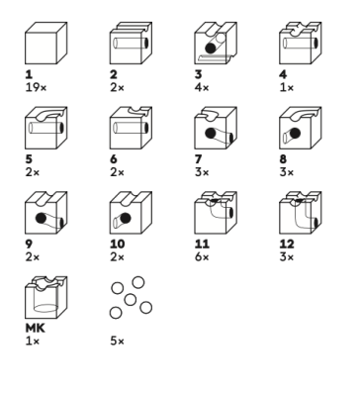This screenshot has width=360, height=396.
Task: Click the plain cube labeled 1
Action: pyautogui.click(x=46, y=44)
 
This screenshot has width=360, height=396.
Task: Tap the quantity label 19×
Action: pyautogui.click(x=36, y=88)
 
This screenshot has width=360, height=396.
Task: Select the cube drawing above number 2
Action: pyautogui.click(x=131, y=44)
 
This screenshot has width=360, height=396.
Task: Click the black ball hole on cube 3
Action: pyautogui.click(x=211, y=49)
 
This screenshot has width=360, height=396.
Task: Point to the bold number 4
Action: pyautogui.click(x=283, y=74)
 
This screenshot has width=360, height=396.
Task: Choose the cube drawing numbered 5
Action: pyautogui.click(x=46, y=128)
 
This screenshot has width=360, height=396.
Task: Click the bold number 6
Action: pyautogui.click(x=114, y=159)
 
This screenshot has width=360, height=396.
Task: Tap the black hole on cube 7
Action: pyautogui.click(x=211, y=134)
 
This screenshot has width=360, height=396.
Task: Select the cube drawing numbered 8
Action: pyautogui.click(x=301, y=128)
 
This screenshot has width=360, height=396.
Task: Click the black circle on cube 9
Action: pyautogui.click(x=41, y=218)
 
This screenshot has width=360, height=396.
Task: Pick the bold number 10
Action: pyautogui.click(x=118, y=244)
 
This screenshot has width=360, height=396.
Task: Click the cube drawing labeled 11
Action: pyautogui.click(x=216, y=213)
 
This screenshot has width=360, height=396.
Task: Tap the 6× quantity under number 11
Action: pyautogui.click(x=202, y=257)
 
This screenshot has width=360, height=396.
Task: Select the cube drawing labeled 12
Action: pyautogui.click(x=301, y=213)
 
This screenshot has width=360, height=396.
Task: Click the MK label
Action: pyautogui.click(x=35, y=328)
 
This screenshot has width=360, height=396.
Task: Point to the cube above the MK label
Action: pyautogui.click(x=46, y=297)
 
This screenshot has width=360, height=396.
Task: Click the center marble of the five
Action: pyautogui.click(x=131, y=300)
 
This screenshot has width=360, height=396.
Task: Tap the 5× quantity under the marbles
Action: pyautogui.click(x=118, y=341)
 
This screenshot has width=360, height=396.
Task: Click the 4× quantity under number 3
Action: pyautogui.click(x=202, y=88)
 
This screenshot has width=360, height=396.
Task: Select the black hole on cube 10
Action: pyautogui.click(x=126, y=218)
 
